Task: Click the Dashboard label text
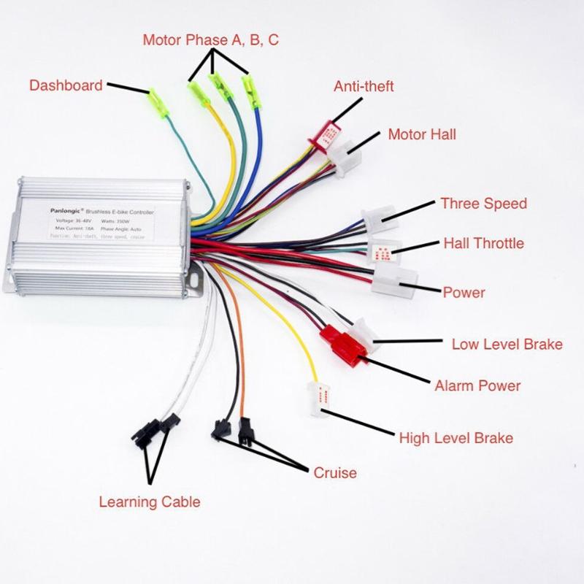[66, 85]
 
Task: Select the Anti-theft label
[364, 86]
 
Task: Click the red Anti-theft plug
[328, 134]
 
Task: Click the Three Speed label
[483, 203]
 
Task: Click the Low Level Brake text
[507, 343]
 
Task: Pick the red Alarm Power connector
[343, 345]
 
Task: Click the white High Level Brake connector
[320, 399]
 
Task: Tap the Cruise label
[335, 472]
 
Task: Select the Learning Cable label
[149, 502]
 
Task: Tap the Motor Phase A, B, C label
[210, 40]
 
